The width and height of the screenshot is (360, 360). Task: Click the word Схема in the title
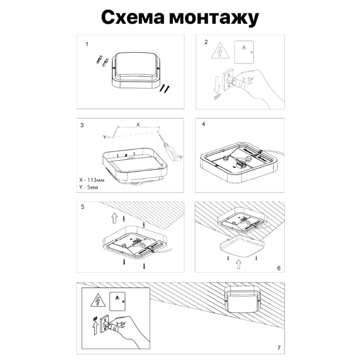[130, 18]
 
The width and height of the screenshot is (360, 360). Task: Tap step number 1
[87, 45]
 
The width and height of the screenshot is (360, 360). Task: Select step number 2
[206, 43]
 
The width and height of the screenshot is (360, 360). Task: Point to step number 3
[82, 125]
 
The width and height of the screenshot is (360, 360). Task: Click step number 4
[204, 124]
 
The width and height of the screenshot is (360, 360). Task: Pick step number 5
[82, 207]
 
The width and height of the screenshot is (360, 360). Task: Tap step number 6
[279, 268]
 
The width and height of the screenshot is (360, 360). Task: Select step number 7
[279, 348]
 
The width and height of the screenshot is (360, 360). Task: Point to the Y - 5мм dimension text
[89, 186]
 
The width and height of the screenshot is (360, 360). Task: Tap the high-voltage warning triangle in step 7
[96, 300]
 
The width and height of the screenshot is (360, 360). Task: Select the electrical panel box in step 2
[245, 52]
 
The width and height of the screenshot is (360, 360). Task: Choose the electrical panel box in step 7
[119, 300]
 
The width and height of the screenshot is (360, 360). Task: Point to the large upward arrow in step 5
[114, 218]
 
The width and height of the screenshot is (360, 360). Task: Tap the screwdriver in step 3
[170, 147]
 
